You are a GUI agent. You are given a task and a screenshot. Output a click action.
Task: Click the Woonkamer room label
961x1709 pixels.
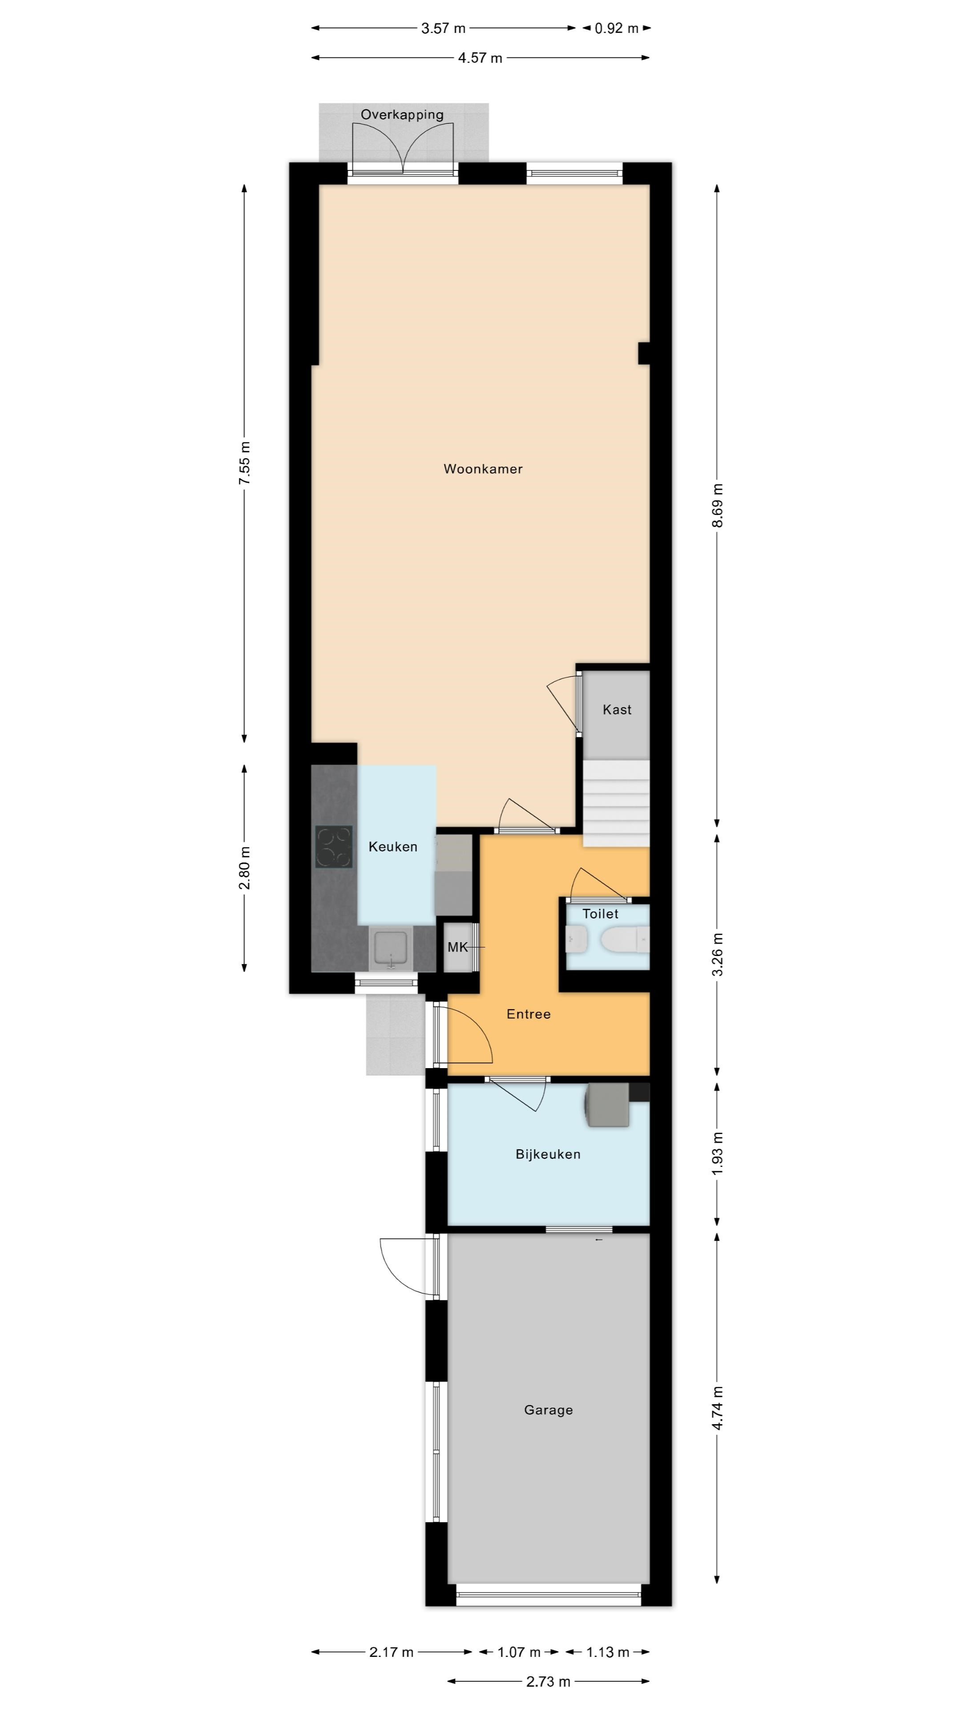point(483,469)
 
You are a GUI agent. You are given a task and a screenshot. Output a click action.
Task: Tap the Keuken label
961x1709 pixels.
point(392,846)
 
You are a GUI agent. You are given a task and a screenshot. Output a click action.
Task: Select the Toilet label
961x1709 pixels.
point(600,914)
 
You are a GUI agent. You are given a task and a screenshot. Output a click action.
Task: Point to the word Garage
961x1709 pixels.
point(549,1410)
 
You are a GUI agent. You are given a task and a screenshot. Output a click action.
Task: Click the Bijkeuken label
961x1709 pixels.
point(548,1154)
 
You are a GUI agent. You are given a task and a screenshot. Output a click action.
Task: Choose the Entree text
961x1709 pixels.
point(529,1014)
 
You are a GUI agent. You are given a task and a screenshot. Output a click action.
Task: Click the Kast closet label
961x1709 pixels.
point(617,709)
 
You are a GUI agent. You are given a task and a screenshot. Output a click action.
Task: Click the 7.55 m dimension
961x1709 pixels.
point(245,462)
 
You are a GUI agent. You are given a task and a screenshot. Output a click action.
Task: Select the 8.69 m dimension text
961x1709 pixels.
point(717,506)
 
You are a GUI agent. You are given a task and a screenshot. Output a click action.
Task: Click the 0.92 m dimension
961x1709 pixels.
point(617,28)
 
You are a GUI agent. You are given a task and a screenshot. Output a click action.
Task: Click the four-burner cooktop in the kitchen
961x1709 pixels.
point(334,846)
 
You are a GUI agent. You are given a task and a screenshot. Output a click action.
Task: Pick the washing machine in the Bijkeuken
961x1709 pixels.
point(607,1105)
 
